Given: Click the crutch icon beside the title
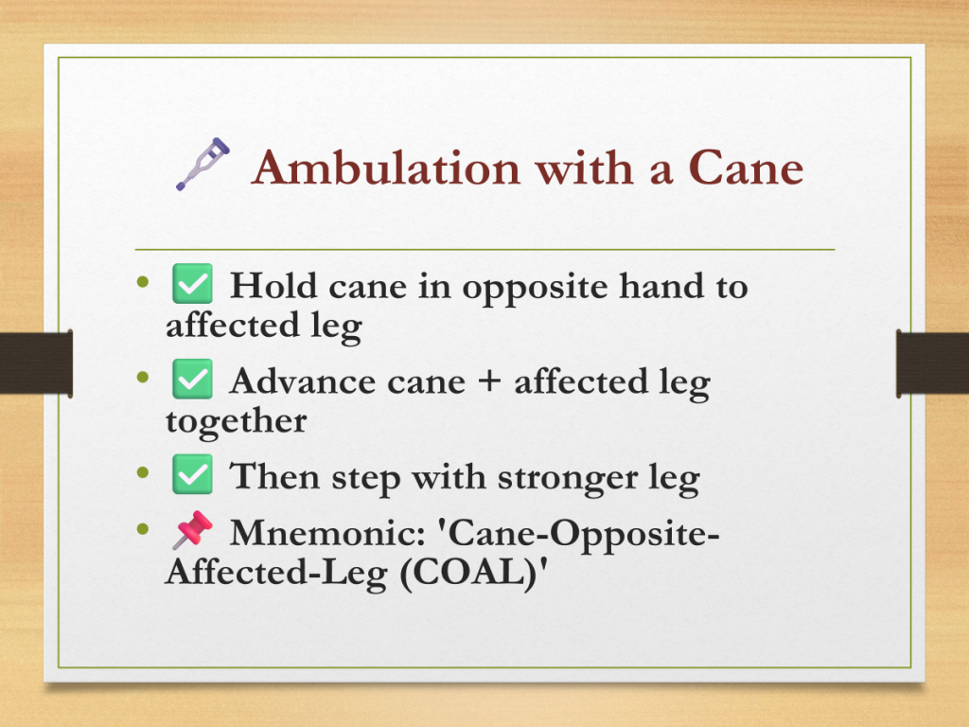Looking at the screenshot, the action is click(203, 164).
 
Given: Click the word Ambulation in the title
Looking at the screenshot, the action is click(386, 168).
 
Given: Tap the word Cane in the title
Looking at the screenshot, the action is click(746, 168).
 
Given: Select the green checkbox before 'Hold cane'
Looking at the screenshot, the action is click(192, 284).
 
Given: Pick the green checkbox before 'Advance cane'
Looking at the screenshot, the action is click(192, 379).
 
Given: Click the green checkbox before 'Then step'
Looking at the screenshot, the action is click(192, 474).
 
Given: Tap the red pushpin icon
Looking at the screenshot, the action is click(191, 530).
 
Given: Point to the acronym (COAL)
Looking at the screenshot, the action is click(467, 573).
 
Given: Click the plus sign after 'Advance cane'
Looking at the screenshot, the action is click(489, 381).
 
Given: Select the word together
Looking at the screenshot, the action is click(236, 422).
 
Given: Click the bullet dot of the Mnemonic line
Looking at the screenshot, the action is click(143, 529).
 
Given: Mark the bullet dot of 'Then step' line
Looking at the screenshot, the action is click(143, 473).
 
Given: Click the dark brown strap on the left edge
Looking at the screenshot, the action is click(37, 363).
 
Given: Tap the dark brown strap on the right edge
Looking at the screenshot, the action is click(932, 363).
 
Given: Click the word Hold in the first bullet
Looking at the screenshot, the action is click(273, 286).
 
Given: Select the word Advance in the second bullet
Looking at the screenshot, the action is click(302, 381).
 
